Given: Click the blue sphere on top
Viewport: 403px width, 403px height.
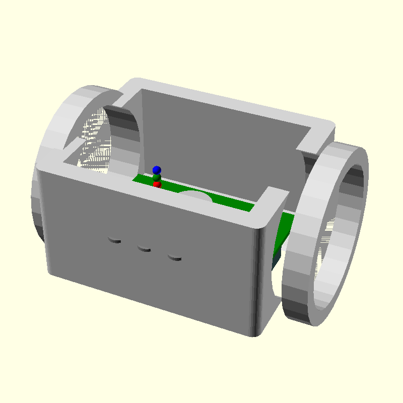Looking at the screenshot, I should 157,170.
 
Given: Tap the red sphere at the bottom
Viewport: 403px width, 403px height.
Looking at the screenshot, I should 157,185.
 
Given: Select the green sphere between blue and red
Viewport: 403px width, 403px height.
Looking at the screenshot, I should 157,178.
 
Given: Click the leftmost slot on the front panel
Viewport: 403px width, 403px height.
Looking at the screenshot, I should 115,241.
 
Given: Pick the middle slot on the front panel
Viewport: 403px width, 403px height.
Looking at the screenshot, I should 145,248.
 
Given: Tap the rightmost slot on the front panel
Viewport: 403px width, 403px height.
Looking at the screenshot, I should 174,258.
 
